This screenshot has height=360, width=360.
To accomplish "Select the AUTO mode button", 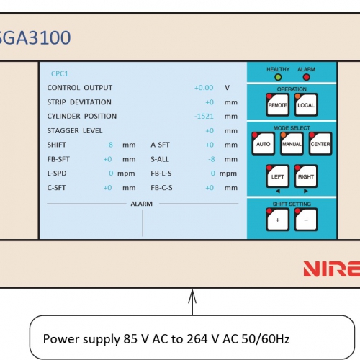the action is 263,143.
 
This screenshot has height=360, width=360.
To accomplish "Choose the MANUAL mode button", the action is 292,143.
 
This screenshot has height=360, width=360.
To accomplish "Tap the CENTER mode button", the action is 320,143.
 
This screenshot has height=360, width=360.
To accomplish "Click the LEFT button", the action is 277,176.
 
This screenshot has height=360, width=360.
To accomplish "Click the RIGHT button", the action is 306,176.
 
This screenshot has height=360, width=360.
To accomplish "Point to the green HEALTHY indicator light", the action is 278,77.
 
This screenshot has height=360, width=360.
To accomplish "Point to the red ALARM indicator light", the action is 307,77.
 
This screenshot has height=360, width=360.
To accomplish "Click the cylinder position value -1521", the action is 204,117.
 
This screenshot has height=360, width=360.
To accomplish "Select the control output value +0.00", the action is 204,88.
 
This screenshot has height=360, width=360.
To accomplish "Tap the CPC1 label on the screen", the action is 60,73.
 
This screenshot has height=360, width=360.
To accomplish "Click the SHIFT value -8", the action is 109,145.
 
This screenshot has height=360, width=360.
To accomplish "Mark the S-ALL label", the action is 160,159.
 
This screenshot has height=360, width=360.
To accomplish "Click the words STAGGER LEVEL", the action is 75,131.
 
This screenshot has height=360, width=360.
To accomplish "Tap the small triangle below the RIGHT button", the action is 306,191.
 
